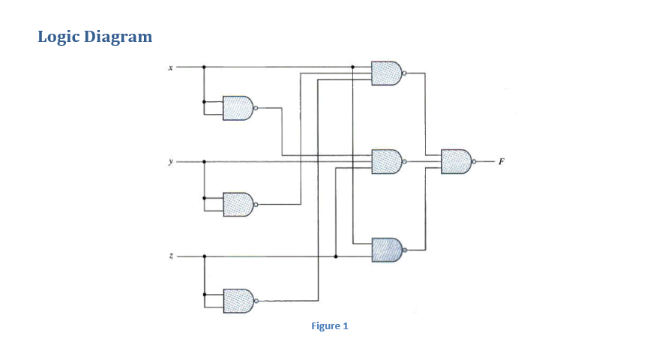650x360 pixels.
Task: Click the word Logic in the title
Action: pyautogui.click(x=59, y=36)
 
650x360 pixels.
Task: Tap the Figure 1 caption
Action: pyautogui.click(x=330, y=325)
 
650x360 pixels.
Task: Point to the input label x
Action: pyautogui.click(x=170, y=67)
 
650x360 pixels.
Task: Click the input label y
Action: pyautogui.click(x=170, y=161)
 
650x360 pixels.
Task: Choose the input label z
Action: pyautogui.click(x=170, y=256)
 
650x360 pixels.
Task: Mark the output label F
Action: pyautogui.click(x=500, y=161)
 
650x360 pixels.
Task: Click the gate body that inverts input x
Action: pyautogui.click(x=238, y=108)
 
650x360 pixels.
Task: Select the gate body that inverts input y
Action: pyautogui.click(x=238, y=203)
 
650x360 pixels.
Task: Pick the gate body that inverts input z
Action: pyautogui.click(x=238, y=299)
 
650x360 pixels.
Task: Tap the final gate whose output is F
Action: pyautogui.click(x=455, y=161)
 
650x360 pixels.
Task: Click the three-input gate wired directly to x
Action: pyautogui.click(x=386, y=73)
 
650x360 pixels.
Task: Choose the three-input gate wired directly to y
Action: pyautogui.click(x=386, y=161)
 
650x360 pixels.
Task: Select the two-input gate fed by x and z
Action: pyautogui.click(x=386, y=249)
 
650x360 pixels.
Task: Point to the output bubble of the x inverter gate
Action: pyautogui.click(x=256, y=108)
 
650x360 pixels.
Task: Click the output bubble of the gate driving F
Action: pyautogui.click(x=474, y=161)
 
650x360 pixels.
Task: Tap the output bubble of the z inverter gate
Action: pyautogui.click(x=256, y=300)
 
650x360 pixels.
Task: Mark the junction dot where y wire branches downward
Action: pyautogui.click(x=204, y=161)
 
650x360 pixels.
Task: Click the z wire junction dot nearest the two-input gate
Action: pyautogui.click(x=335, y=256)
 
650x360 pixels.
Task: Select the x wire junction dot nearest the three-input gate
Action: pyautogui.click(x=352, y=67)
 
